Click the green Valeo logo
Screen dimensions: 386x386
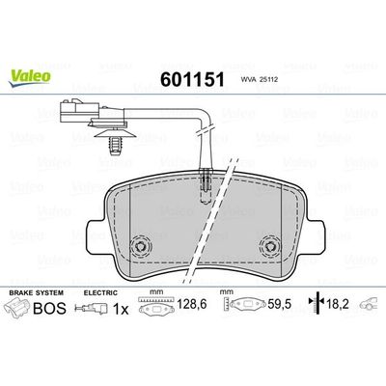(x=30, y=78)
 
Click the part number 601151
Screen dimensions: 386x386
(x=192, y=79)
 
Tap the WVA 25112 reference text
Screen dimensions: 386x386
(x=259, y=80)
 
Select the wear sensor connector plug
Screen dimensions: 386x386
(x=80, y=111)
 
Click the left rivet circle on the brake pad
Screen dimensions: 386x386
(x=141, y=247)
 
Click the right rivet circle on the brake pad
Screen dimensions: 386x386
(x=270, y=247)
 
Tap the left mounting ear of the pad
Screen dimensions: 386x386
(x=96, y=234)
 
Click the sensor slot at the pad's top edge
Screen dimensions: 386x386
(x=205, y=186)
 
